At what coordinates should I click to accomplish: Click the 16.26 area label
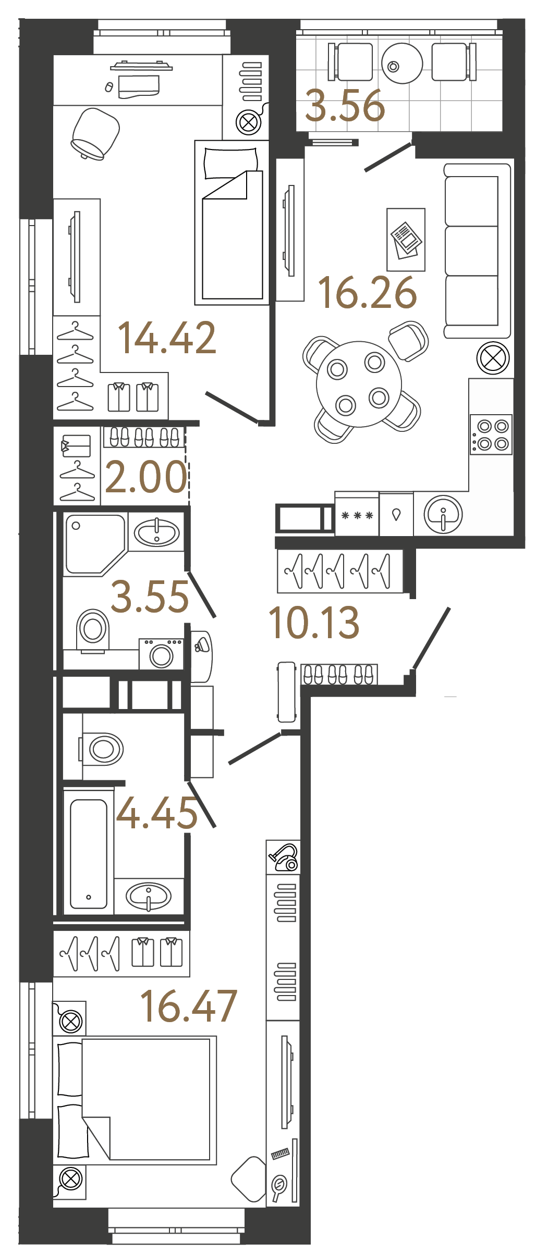(368, 292)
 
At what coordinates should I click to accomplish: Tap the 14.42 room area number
(167, 338)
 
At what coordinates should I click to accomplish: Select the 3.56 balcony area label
(345, 106)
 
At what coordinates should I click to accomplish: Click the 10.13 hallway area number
(314, 623)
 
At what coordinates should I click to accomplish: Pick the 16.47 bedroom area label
(189, 1006)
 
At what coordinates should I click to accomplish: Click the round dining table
(359, 384)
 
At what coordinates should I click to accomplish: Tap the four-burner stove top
(491, 435)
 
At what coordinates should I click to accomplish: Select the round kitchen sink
(443, 514)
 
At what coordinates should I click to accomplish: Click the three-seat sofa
(476, 251)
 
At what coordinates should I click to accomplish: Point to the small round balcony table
(401, 64)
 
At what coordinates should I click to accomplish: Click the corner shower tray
(94, 543)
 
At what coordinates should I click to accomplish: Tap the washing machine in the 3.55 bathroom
(161, 654)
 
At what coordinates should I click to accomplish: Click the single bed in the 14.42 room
(232, 222)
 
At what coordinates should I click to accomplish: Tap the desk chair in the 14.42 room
(95, 133)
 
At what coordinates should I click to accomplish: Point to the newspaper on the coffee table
(406, 240)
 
